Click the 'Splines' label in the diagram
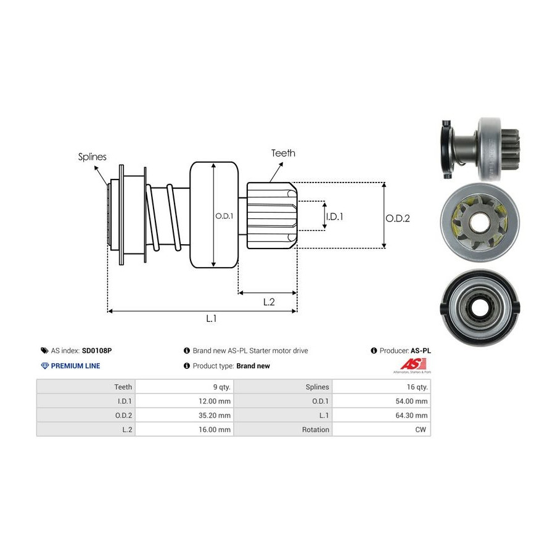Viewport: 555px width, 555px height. tap(92, 157)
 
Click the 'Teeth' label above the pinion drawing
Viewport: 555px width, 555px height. tap(283, 153)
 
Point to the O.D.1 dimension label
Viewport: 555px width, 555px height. tap(224, 216)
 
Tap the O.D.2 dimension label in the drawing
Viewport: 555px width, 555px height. tap(398, 218)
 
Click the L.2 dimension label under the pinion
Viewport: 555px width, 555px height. tap(269, 302)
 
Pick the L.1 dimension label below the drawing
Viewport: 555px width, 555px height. tap(211, 318)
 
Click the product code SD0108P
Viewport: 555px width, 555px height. tap(97, 350)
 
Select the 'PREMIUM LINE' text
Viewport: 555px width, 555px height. tap(75, 366)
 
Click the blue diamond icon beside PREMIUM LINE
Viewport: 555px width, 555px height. tap(44, 366)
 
